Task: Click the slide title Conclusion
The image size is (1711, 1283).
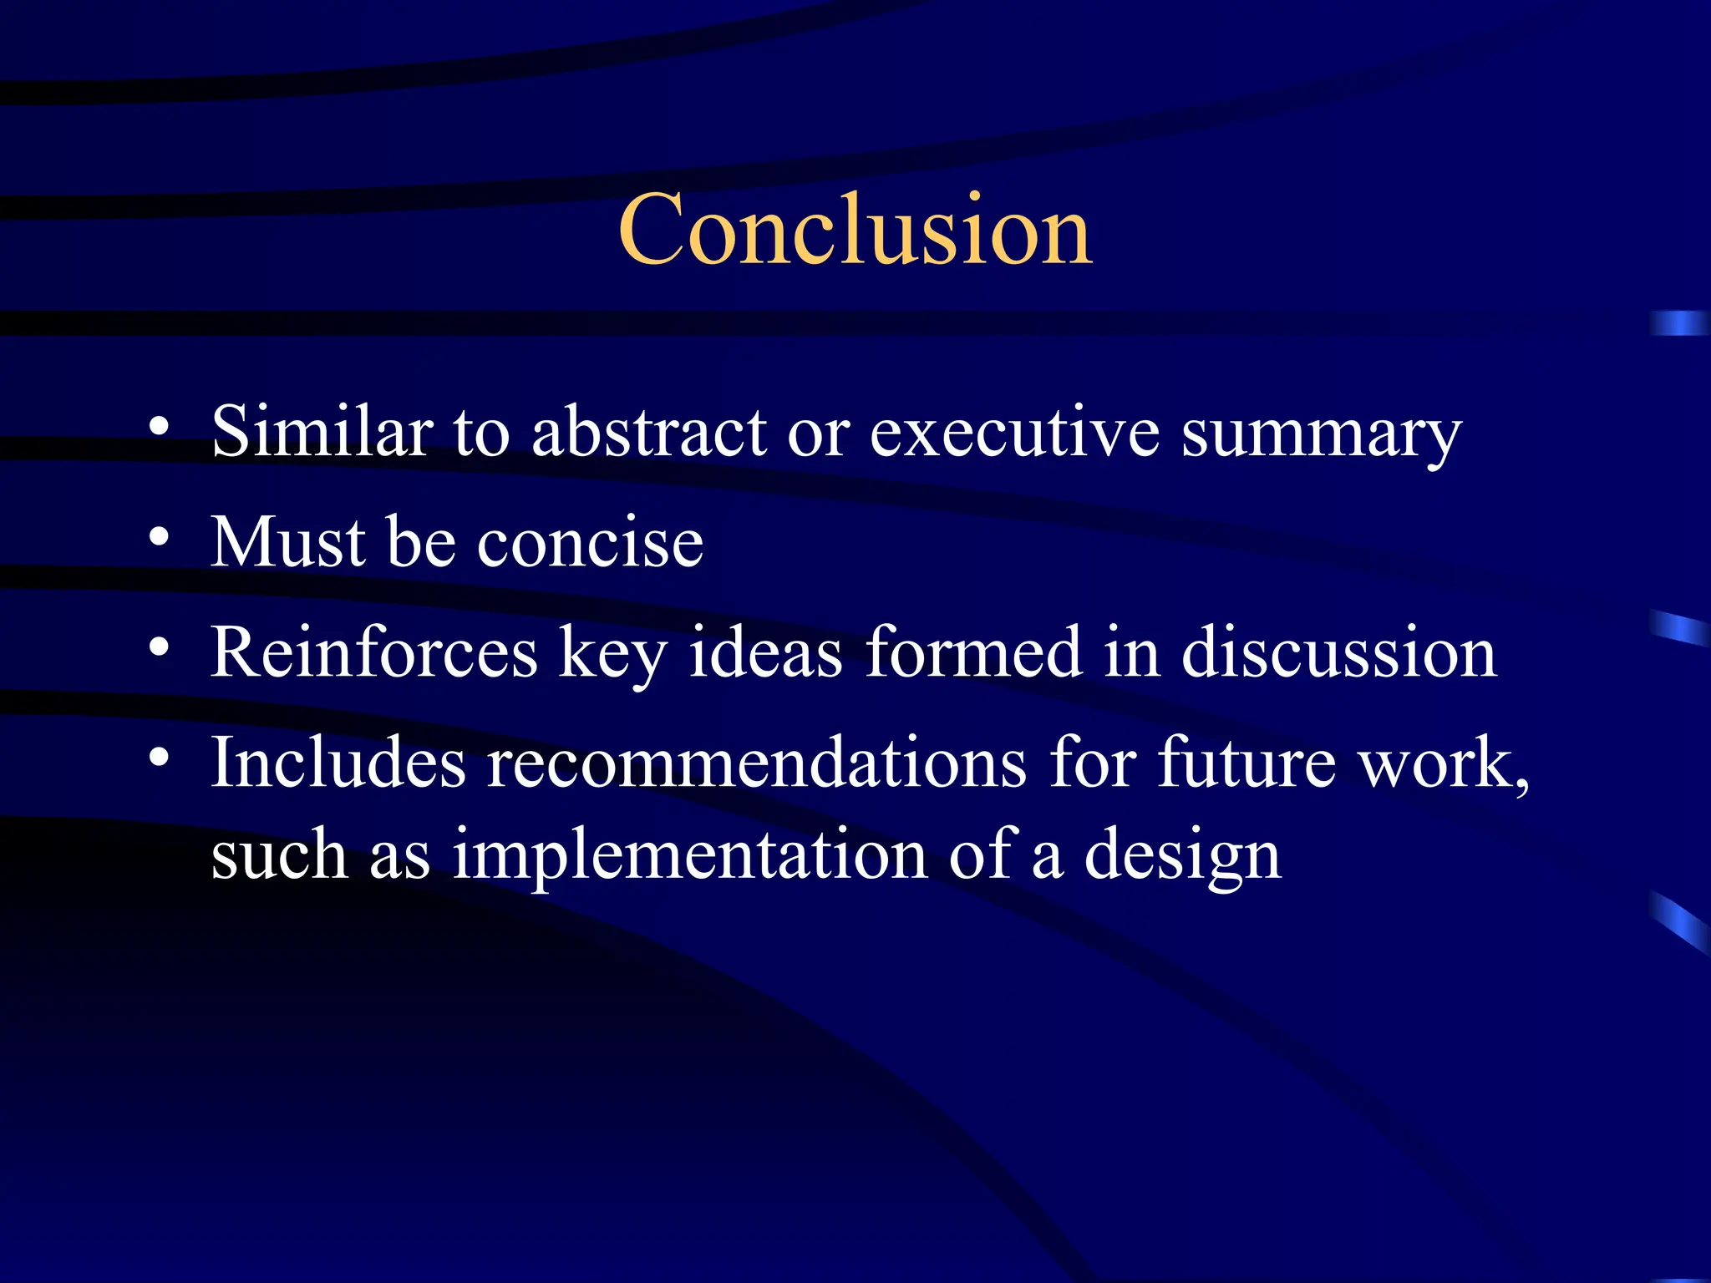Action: coord(855,229)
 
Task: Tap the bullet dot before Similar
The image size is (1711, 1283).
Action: coord(160,426)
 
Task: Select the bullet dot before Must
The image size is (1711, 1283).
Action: coord(160,536)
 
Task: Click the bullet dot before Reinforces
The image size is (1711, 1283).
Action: coord(160,647)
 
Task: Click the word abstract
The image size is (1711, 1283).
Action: coord(649,432)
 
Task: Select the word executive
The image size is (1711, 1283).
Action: coord(1014,432)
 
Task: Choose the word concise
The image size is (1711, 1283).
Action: coord(590,543)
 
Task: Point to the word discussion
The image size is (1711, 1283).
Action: coord(1338,652)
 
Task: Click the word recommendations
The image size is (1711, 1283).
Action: coord(757,763)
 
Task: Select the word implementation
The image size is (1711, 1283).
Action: coord(690,855)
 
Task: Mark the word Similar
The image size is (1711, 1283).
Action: coord(322,432)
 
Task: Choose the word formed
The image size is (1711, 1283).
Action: coord(974,652)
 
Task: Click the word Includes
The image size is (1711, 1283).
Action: coord(338,763)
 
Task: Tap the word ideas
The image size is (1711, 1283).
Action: coord(765,652)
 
